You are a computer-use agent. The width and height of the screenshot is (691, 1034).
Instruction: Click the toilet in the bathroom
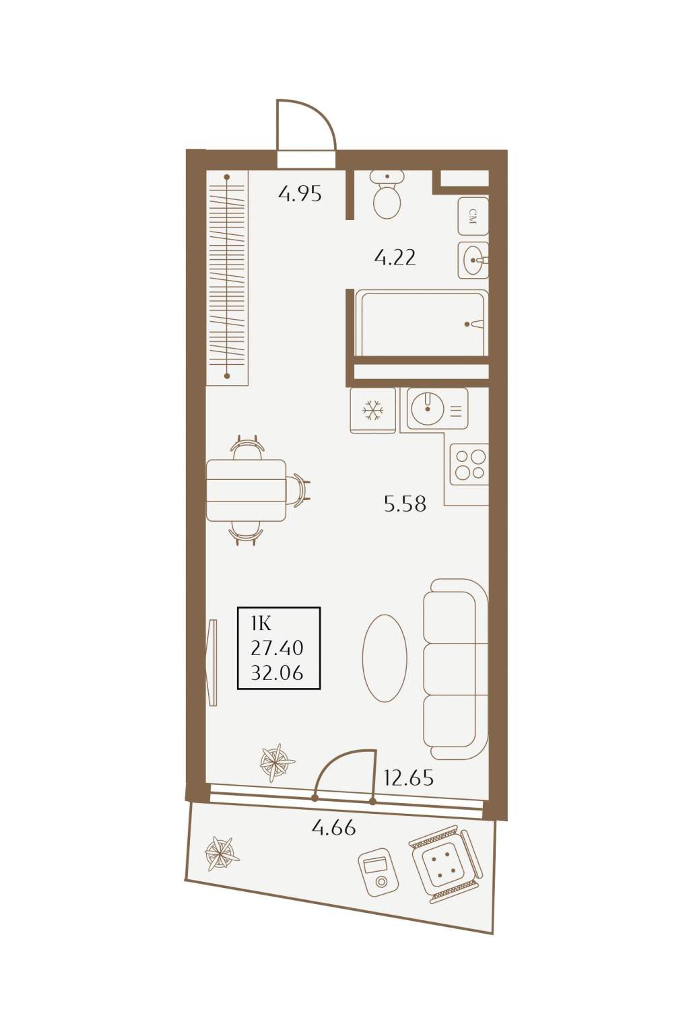point(387,195)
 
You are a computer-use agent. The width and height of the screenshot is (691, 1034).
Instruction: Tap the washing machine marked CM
point(473,217)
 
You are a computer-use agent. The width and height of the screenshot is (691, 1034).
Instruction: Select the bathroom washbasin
point(473,261)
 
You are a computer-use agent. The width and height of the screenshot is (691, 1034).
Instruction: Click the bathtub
point(422,323)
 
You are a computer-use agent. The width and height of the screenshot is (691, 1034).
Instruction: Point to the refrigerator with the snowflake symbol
point(372,410)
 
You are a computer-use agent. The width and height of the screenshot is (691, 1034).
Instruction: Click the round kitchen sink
point(437,409)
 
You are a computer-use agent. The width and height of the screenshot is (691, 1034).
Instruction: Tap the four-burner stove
point(469,464)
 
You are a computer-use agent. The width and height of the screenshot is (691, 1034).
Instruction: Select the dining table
point(246,490)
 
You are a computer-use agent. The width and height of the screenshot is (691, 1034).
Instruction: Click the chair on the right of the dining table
point(298,490)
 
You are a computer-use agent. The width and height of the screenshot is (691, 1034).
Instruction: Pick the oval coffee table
point(385,659)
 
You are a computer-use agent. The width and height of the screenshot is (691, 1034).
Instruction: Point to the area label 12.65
point(409,778)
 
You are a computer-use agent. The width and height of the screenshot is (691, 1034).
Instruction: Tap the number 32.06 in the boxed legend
point(277,673)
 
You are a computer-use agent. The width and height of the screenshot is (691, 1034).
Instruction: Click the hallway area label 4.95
point(300,194)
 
